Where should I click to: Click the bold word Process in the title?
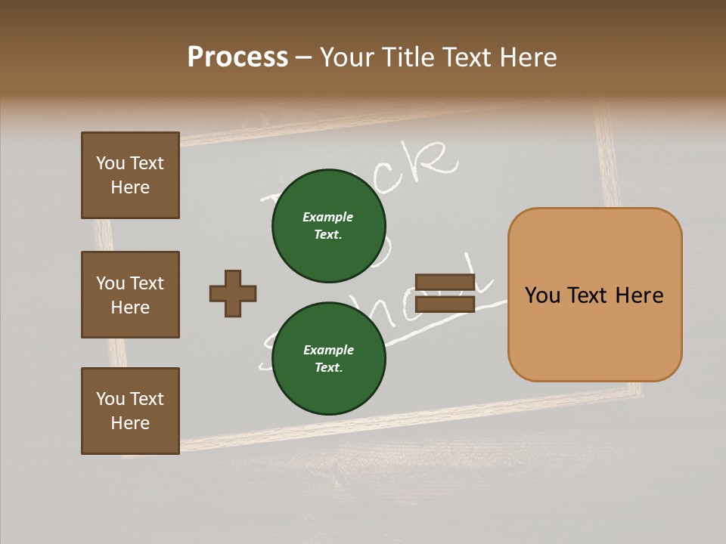[x=237, y=57]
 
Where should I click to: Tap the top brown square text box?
[x=130, y=175]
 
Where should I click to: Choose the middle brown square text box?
[x=130, y=295]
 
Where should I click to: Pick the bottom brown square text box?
[x=130, y=411]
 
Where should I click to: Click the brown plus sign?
[x=233, y=293]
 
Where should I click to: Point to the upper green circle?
[x=328, y=226]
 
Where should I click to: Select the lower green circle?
[x=328, y=358]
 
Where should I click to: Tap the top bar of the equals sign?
[x=445, y=282]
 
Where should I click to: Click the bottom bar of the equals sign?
[x=445, y=304]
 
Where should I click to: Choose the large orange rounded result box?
[x=594, y=295]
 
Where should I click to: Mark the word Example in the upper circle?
[x=328, y=217]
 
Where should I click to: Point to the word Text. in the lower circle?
[x=328, y=368]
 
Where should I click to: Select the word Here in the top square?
[x=130, y=187]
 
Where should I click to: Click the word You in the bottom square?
[x=110, y=399]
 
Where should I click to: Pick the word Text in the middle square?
[x=147, y=283]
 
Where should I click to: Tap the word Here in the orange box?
[x=639, y=295]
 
